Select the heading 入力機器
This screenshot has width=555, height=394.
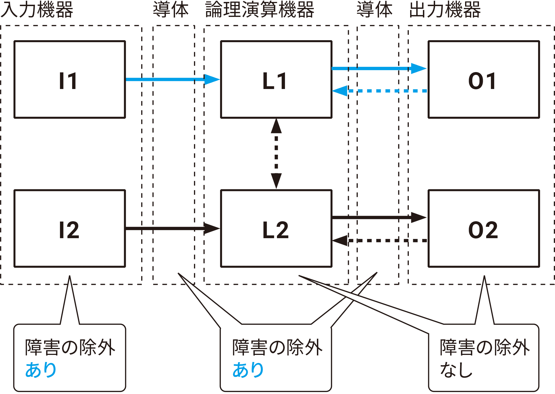click(x=37, y=10)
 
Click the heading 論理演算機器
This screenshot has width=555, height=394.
click(x=260, y=10)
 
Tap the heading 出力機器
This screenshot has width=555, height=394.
click(x=445, y=10)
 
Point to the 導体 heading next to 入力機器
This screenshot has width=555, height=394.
click(x=171, y=10)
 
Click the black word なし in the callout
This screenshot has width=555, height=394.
click(x=456, y=370)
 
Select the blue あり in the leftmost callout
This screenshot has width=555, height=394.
click(x=41, y=370)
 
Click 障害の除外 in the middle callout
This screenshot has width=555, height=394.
click(x=277, y=347)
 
